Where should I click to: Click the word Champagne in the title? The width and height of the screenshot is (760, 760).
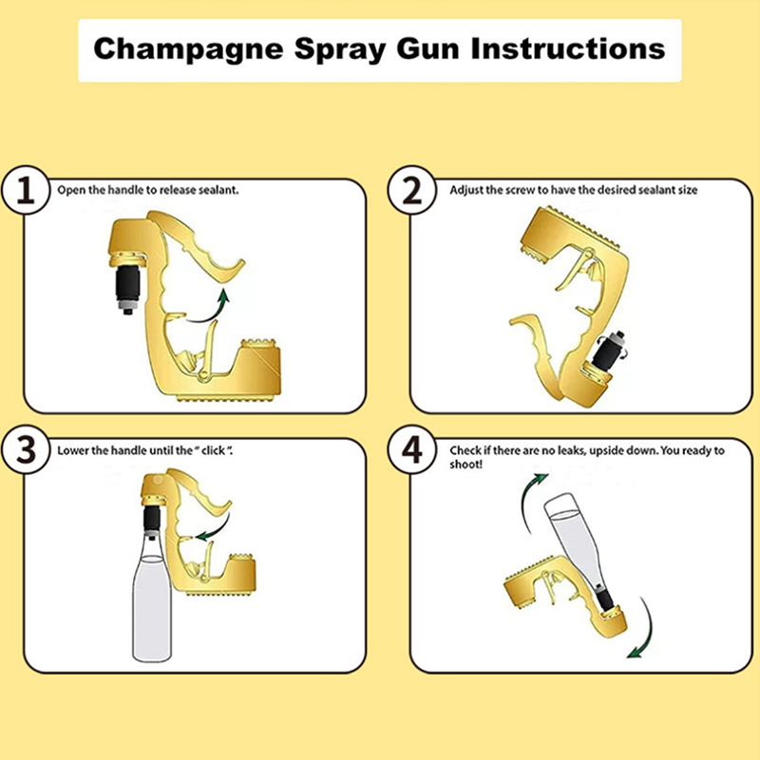tap(188, 50)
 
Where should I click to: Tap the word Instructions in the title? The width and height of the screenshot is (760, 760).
tap(567, 48)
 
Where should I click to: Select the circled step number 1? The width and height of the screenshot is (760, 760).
tap(26, 191)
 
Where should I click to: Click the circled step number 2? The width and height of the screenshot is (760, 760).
tap(412, 191)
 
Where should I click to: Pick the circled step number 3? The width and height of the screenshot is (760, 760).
tap(26, 449)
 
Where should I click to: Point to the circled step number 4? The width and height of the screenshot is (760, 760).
tap(412, 449)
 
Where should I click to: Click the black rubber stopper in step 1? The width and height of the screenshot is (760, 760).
tap(127, 282)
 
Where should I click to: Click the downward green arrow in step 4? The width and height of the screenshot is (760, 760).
tap(645, 630)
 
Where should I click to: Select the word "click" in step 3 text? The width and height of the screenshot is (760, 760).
tap(213, 450)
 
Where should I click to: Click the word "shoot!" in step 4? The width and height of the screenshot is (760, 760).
tap(465, 465)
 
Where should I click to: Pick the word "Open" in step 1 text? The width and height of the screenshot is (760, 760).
tap(70, 191)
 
